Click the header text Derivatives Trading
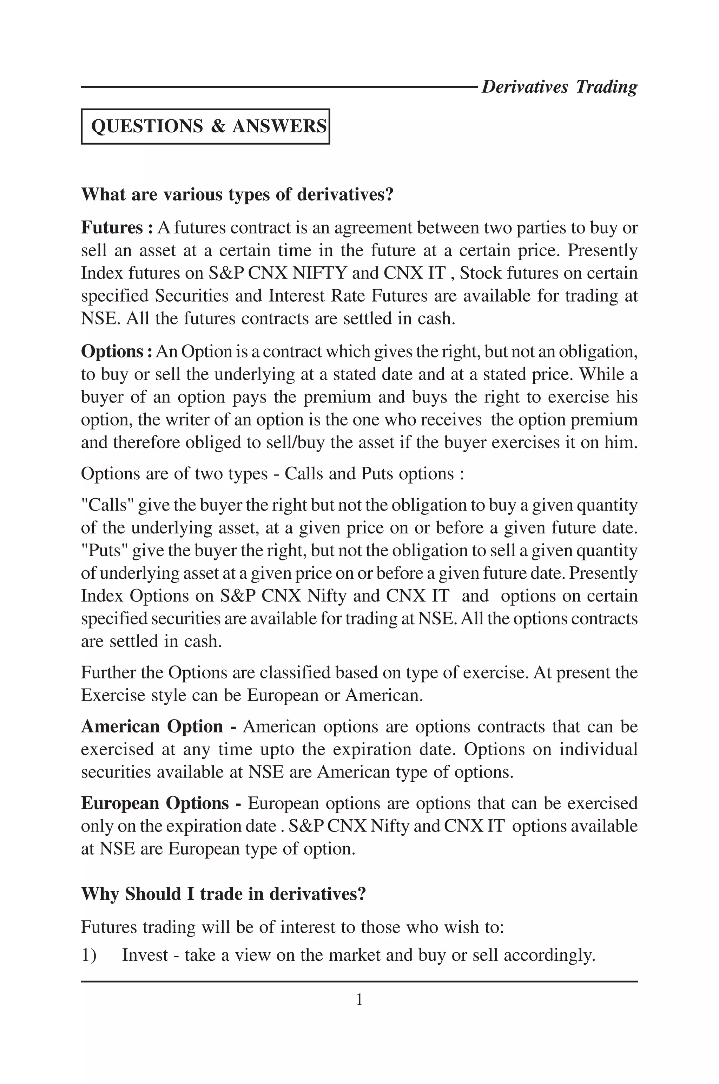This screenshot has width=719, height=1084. [559, 87]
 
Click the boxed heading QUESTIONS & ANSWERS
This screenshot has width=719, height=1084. [208, 126]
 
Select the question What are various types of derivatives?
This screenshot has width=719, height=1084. [237, 195]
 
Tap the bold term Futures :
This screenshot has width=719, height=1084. [117, 228]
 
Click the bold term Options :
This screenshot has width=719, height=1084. [117, 352]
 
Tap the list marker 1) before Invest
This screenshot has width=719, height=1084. [88, 955]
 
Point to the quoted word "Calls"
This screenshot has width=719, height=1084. [107, 505]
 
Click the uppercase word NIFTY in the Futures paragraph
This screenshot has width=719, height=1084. [319, 273]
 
